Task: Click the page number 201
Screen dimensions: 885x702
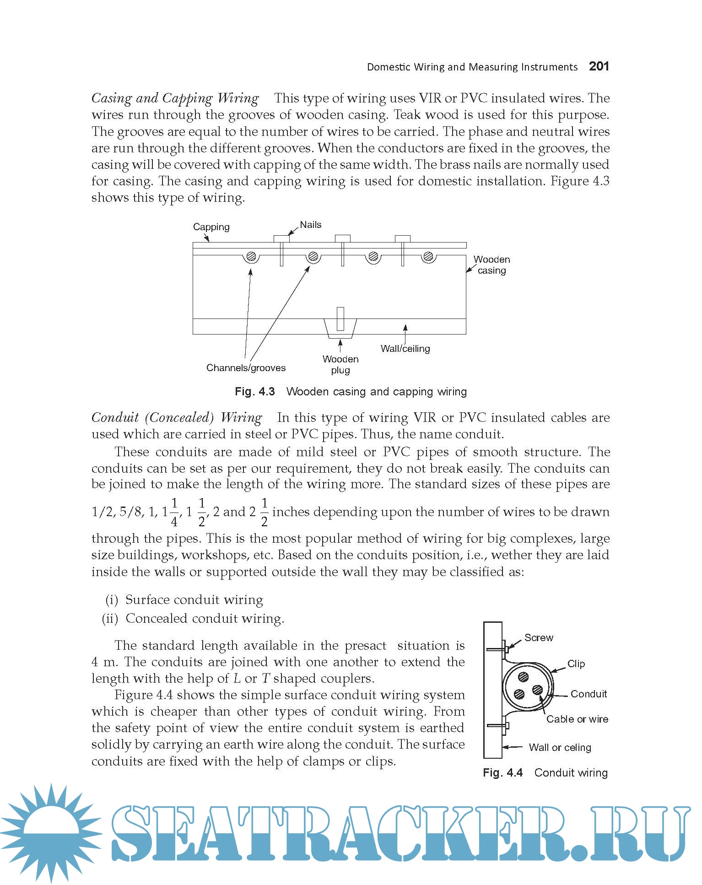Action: (599, 66)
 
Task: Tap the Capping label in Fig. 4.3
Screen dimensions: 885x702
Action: (211, 227)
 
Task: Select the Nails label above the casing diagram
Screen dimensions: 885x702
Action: (310, 225)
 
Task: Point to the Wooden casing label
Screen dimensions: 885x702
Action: (491, 265)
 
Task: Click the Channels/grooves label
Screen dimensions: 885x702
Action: (246, 368)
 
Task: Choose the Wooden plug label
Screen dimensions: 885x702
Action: (340, 365)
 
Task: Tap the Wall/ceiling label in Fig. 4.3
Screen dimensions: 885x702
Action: (405, 349)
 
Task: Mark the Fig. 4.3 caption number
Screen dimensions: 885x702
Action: (254, 392)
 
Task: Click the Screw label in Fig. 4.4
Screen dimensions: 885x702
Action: (539, 638)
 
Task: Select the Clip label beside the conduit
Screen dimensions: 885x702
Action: (576, 664)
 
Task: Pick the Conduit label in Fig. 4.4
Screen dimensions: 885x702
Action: (589, 694)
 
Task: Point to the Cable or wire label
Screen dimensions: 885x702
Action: (577, 719)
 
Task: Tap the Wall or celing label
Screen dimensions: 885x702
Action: (560, 748)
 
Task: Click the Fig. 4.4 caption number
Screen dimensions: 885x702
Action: (502, 773)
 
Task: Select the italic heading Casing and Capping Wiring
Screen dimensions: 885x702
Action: (175, 98)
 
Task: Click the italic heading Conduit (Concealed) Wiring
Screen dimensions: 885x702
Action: (177, 418)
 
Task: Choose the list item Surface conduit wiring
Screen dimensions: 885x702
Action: (194, 600)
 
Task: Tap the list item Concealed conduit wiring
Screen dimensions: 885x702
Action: (205, 619)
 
